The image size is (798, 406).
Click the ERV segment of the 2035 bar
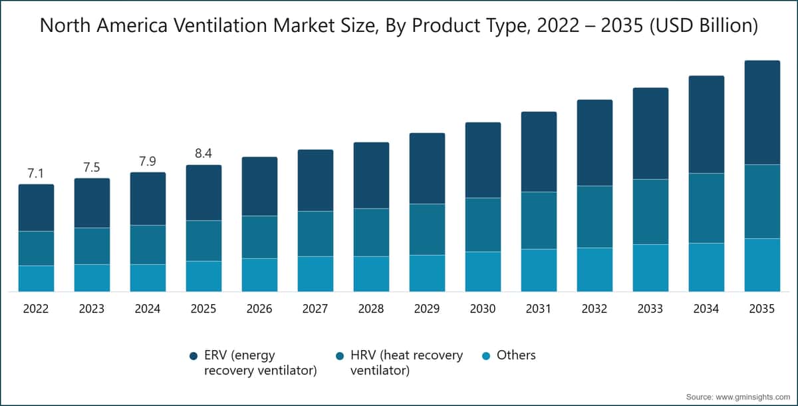[x=762, y=112]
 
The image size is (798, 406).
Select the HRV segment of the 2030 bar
[x=483, y=224]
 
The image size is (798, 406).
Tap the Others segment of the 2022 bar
[x=36, y=278]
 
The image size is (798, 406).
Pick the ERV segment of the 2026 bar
[x=259, y=186]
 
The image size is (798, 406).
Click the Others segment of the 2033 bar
[x=650, y=268]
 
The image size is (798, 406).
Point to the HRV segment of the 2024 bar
[x=148, y=244]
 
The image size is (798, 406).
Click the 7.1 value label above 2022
[x=36, y=174]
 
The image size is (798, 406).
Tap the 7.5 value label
[x=92, y=168]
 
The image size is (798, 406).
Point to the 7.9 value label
[x=148, y=162]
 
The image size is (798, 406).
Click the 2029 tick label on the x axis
[x=427, y=309]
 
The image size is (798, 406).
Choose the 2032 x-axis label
[x=595, y=309]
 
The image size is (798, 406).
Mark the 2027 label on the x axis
[x=315, y=309]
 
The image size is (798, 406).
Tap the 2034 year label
[x=706, y=309]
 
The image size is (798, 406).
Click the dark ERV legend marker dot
[x=194, y=356]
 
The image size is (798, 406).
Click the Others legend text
[x=515, y=355]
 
